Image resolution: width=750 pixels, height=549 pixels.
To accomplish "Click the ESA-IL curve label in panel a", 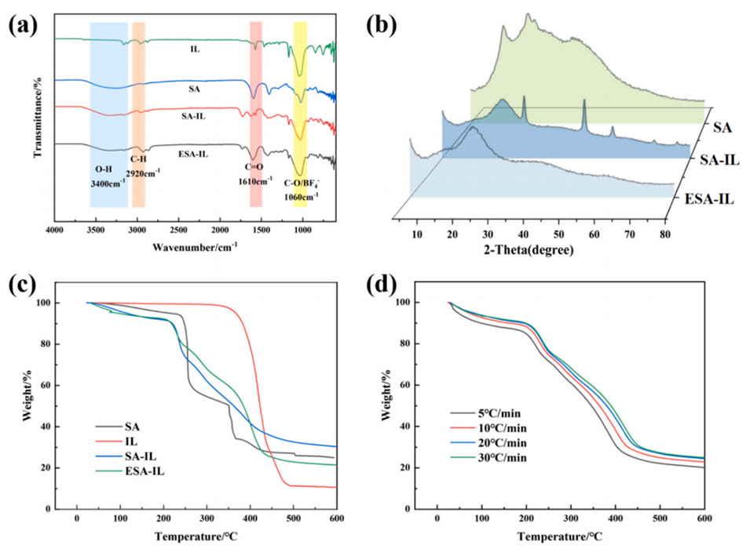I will pos(192,154).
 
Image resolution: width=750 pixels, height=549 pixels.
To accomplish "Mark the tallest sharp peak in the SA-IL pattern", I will pos(584,102).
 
